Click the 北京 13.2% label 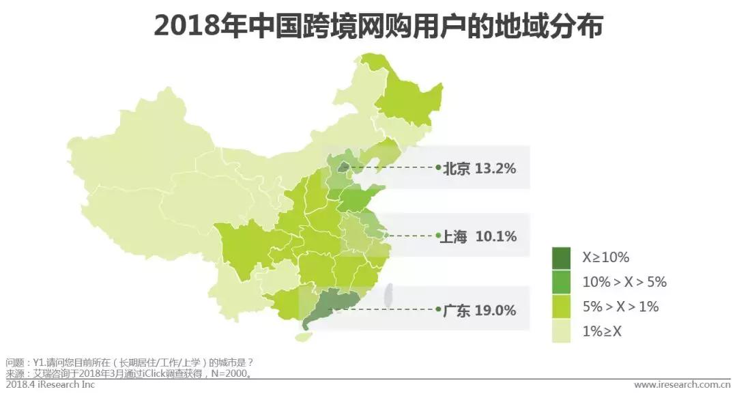(479, 169)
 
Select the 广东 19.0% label (479, 310)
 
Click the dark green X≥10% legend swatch (562, 257)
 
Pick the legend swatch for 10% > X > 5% (562, 282)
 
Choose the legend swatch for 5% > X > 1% (562, 307)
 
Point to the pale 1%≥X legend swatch (562, 331)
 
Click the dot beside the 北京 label (438, 167)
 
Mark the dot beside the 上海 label (438, 236)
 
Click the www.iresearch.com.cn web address (682, 385)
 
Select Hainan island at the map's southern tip (303, 337)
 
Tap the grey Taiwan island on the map (390, 295)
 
